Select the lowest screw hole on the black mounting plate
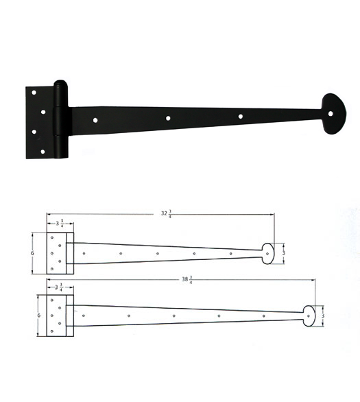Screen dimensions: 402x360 tap(43, 151)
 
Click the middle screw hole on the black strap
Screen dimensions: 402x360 tap(168, 118)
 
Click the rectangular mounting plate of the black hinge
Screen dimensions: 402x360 tap(40, 122)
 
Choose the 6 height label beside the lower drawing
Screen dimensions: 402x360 tap(40, 315)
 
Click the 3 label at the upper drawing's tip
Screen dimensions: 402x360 tap(283, 252)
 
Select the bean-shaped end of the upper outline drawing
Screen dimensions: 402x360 tap(268, 252)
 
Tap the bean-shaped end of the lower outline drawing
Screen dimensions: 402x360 tap(309, 316)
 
